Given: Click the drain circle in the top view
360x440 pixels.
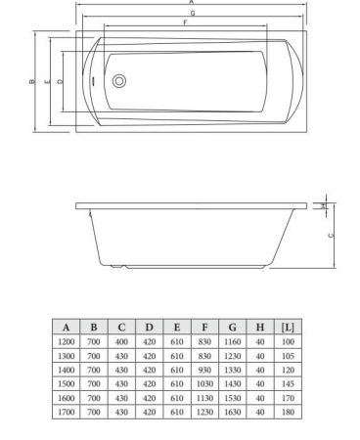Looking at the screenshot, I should tap(119, 83).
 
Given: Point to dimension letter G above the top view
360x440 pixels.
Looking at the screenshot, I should tap(192, 12).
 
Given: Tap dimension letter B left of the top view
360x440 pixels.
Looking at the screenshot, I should tap(31, 82).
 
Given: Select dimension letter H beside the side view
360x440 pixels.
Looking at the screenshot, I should tap(324, 205).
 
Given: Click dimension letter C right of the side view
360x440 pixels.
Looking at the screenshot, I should tap(331, 236).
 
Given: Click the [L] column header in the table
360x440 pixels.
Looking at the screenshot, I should tap(288, 328).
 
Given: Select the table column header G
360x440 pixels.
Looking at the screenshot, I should tap(233, 328).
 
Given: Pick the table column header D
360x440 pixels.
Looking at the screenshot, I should tap(149, 328).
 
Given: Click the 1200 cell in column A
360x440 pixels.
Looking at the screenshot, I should tap(66, 342).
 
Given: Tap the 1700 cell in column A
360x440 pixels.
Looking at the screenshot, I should tap(66, 413).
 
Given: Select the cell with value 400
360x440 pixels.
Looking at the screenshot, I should tap(121, 342).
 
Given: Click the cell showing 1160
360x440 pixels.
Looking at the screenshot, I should tap(233, 342).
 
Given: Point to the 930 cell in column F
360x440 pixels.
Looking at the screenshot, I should tap(204, 371).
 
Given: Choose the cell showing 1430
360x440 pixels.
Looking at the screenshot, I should tap(233, 384).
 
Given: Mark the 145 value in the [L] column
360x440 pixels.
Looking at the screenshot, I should tap(288, 384).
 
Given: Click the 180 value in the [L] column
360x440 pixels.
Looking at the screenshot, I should tap(288, 413).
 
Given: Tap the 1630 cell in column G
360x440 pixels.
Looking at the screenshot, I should tap(233, 413).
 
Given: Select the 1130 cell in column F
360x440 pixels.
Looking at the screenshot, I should tap(204, 399).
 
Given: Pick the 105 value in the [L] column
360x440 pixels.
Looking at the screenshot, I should tap(288, 356).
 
